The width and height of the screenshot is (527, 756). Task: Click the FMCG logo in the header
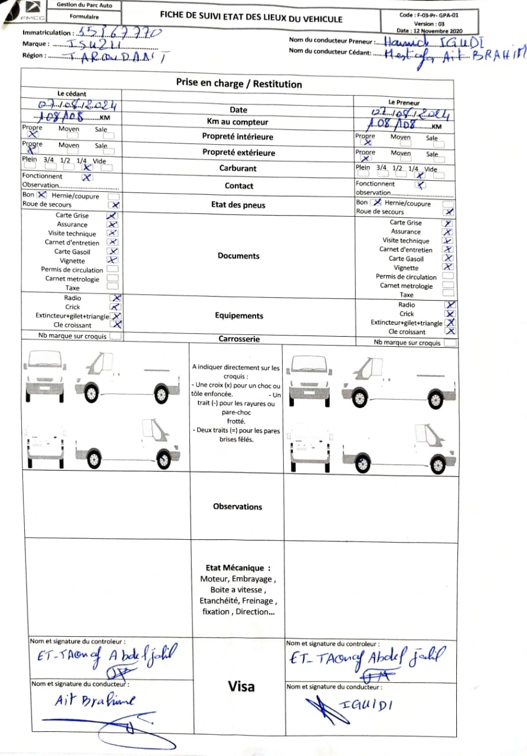pyautogui.click(x=30, y=12)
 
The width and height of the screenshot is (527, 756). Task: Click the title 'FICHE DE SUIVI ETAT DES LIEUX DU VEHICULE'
pyautogui.click(x=251, y=18)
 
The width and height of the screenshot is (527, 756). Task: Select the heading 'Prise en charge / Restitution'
pyautogui.click(x=238, y=84)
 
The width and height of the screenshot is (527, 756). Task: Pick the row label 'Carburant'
pyautogui.click(x=238, y=168)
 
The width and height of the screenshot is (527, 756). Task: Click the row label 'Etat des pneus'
pyautogui.click(x=238, y=206)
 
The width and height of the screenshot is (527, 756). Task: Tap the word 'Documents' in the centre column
pyautogui.click(x=238, y=256)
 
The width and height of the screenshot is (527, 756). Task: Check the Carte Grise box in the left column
pyautogui.click(x=112, y=216)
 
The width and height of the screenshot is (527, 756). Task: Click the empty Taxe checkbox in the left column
pyautogui.click(x=112, y=287)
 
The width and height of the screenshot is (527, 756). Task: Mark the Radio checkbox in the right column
pyautogui.click(x=450, y=305)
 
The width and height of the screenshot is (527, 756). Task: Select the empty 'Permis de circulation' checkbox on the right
pyautogui.click(x=449, y=276)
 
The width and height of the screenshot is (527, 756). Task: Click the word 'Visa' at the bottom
pyautogui.click(x=241, y=686)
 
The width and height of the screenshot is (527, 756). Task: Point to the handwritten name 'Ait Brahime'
pyautogui.click(x=94, y=700)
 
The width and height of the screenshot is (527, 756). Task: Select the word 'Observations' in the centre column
pyautogui.click(x=237, y=507)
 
